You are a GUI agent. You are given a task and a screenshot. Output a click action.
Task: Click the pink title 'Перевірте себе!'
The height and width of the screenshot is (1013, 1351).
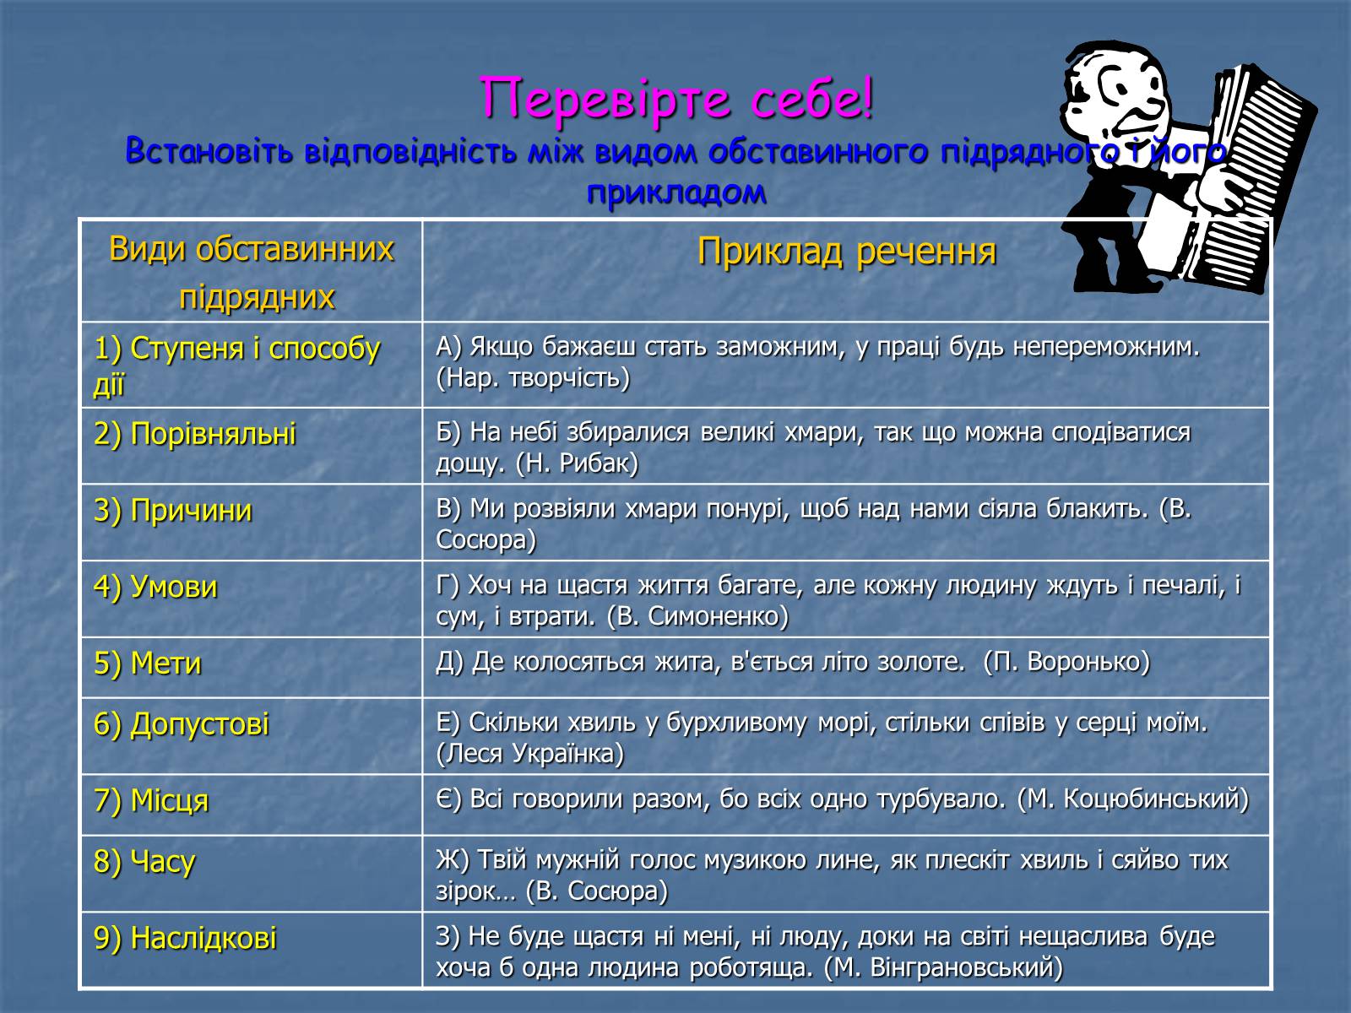pos(675,99)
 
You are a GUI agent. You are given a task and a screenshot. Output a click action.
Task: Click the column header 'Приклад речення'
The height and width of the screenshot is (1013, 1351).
pos(846,252)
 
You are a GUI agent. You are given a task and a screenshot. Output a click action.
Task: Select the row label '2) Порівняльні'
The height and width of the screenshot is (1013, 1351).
pos(194,434)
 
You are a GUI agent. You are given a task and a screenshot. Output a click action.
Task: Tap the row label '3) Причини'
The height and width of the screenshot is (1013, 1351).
pos(173,511)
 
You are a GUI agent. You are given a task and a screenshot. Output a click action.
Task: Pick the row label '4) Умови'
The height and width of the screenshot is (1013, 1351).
pos(155,587)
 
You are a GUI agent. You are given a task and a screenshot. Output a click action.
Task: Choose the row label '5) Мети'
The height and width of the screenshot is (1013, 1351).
pos(148,664)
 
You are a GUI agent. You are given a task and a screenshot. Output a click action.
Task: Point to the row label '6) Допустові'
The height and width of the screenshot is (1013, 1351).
pos(182,724)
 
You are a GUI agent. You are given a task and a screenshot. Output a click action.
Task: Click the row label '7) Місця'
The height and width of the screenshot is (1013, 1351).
pos(151,801)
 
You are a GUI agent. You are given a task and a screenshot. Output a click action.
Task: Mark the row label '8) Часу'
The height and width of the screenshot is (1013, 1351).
pos(144,862)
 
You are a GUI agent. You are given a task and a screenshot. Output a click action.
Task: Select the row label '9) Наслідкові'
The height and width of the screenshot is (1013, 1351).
pos(185,939)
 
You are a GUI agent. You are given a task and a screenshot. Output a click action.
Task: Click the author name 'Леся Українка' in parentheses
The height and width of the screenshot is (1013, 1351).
pos(530,754)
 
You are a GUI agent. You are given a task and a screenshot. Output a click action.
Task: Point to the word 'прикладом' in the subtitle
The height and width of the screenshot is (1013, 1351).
pos(676,192)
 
